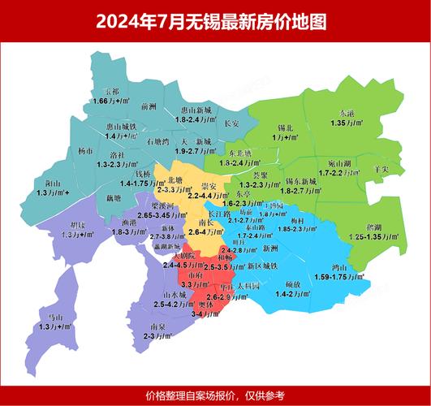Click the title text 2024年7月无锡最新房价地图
click(215, 21)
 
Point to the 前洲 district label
click(148, 106)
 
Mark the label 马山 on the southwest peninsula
click(55, 317)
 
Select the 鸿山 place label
click(339, 267)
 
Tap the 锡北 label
click(285, 128)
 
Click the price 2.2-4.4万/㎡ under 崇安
click(208, 196)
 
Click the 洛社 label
click(117, 154)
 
